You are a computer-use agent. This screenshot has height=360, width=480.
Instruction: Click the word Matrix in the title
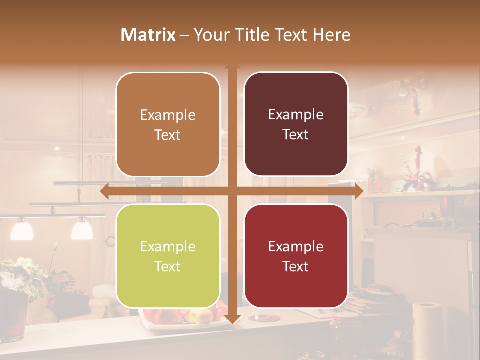(148, 35)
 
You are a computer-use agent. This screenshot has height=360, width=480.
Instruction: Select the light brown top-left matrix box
(168, 124)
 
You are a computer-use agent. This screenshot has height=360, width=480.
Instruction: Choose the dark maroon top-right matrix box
(296, 124)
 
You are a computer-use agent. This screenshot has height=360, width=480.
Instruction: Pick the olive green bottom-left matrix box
(168, 256)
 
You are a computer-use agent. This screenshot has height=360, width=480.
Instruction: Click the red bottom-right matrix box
(296, 256)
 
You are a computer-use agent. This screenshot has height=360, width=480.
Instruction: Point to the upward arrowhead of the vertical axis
(232, 67)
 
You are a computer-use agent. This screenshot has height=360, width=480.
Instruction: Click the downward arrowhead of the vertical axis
(232, 319)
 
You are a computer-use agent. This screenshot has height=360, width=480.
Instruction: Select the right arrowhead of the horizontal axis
(358, 191)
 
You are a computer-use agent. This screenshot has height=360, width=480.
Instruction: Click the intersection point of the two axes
(232, 191)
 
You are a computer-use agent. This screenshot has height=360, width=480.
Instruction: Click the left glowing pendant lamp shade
(22, 229)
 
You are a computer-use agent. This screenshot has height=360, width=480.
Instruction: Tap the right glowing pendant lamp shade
(82, 229)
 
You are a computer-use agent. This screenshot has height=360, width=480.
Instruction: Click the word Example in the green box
(168, 246)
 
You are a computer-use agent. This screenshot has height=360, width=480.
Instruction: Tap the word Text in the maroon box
(296, 134)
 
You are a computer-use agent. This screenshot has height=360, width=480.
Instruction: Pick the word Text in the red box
(296, 266)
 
